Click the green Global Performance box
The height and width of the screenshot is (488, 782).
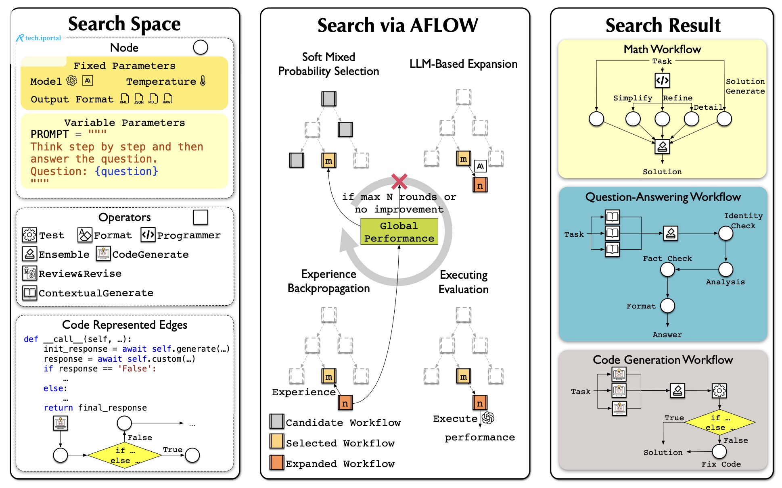click(x=399, y=231)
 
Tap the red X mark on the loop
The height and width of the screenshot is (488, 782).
click(x=399, y=181)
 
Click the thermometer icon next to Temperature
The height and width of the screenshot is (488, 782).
click(x=203, y=81)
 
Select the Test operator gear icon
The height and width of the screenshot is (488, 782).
click(x=29, y=235)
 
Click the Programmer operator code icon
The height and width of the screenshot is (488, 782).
click(x=148, y=235)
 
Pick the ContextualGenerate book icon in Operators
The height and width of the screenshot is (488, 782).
click(x=30, y=293)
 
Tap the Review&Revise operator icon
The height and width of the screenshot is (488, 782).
click(x=29, y=273)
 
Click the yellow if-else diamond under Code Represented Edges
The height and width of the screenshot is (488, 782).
click(x=125, y=455)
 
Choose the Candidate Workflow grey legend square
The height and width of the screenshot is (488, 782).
click(x=277, y=421)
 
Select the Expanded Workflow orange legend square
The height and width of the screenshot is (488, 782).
click(x=277, y=463)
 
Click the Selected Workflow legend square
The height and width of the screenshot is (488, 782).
click(x=277, y=442)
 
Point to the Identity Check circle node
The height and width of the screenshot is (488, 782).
click(x=726, y=233)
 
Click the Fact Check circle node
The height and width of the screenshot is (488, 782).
click(x=668, y=269)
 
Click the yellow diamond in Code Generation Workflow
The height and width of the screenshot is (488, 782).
click(x=720, y=422)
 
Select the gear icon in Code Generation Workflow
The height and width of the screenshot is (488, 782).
click(x=719, y=390)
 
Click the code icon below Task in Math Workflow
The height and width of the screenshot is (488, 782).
click(x=662, y=80)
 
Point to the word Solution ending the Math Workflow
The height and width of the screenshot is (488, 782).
click(x=662, y=172)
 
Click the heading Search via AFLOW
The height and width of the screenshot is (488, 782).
click(x=397, y=25)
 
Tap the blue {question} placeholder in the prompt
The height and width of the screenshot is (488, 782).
click(x=126, y=171)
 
